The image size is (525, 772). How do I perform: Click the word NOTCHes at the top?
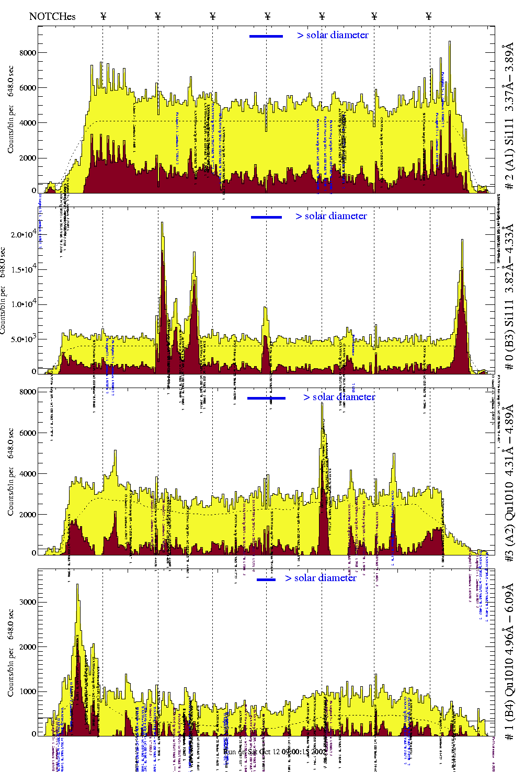coord(52,16)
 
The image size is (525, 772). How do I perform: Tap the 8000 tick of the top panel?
coord(28,53)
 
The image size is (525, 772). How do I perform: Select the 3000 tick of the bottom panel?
coord(28,602)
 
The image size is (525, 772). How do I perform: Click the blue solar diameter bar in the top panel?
coord(266,36)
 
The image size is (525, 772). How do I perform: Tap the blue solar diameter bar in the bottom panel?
coord(266,580)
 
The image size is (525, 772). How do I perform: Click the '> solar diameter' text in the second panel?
coord(331,216)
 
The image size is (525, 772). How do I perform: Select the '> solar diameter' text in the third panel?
coord(339,397)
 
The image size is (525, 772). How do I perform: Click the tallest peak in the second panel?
coord(162,224)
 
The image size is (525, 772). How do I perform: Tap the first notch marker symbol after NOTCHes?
coord(103,16)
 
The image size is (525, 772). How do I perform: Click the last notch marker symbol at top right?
coord(429,16)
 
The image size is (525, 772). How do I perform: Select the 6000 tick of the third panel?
coord(28,433)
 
